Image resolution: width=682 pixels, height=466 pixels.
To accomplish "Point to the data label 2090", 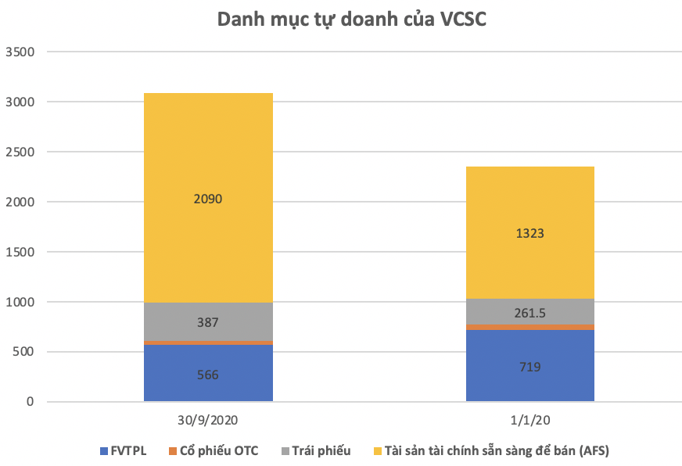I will point(208,199).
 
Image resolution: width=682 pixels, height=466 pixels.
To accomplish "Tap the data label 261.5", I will point(529,313).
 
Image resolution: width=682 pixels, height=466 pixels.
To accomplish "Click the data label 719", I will point(529,367).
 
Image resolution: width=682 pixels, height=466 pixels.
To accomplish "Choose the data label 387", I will point(208,322).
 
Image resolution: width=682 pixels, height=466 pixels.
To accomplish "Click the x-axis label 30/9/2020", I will point(208,419).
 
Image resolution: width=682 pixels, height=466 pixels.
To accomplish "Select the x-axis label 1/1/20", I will point(529,419).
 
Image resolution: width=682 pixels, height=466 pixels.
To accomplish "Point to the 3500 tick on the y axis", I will point(20,52).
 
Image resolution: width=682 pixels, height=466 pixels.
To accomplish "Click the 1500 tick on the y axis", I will point(20,252).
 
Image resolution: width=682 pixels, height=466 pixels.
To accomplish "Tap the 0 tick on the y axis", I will point(31,402).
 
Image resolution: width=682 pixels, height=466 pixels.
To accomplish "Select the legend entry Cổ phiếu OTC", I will point(218,450).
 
